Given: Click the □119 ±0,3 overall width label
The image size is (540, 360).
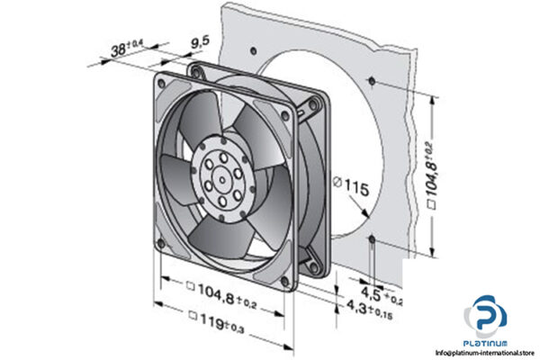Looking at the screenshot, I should click(x=220, y=315).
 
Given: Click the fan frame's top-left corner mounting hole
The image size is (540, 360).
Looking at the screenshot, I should click(x=161, y=83).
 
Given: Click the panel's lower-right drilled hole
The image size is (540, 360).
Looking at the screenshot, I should click(x=372, y=240).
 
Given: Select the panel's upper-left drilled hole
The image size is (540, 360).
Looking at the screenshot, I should click(x=256, y=48).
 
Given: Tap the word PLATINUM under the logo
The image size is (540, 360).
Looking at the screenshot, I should click(x=486, y=343).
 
